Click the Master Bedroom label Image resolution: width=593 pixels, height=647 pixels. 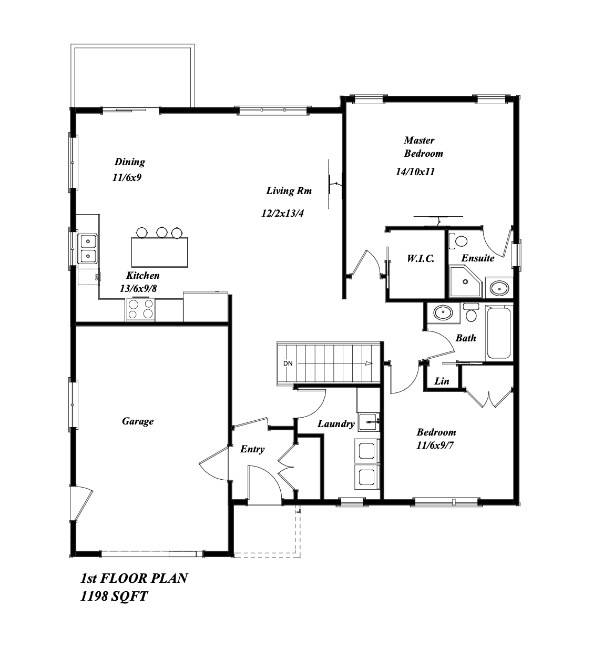click(423, 147)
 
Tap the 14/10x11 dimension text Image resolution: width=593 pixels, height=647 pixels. click(415, 171)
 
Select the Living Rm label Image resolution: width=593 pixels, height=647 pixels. click(289, 190)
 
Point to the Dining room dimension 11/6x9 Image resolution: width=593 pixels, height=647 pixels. click(127, 177)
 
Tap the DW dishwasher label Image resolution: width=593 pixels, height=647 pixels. click(96, 276)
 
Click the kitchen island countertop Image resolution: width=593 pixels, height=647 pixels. click(160, 252)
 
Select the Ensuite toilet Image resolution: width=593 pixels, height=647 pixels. click(458, 241)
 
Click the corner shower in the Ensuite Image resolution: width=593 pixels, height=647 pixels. click(465, 281)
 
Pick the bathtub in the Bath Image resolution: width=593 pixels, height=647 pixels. click(498, 332)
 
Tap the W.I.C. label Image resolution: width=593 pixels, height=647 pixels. click(421, 258)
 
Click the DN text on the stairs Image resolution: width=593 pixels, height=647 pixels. click(288, 363)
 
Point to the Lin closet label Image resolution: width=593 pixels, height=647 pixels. click(442, 381)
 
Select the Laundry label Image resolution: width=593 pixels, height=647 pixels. click(336, 424)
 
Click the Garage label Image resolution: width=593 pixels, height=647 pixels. click(138, 421)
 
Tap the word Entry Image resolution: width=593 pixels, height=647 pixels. click(252, 449)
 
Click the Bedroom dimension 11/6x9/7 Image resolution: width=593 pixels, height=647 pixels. click(435, 446)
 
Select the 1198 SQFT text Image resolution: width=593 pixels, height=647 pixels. click(114, 596)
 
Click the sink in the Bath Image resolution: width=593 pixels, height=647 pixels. click(443, 312)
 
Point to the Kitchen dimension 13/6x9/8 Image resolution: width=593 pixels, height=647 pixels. click(138, 288)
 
